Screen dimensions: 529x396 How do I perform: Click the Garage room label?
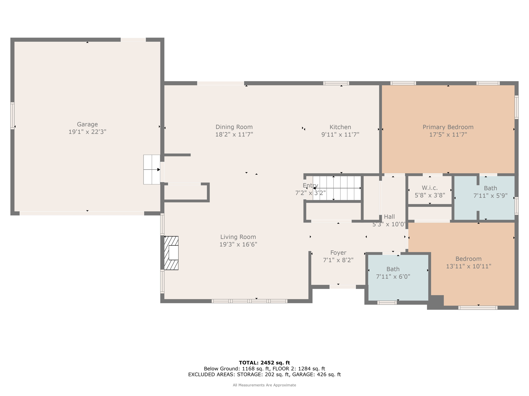click(x=87, y=124)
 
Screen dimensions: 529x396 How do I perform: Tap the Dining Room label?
click(x=234, y=127)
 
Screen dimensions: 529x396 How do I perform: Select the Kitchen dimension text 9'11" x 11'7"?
click(x=340, y=134)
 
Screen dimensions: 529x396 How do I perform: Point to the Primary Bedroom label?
click(x=448, y=127)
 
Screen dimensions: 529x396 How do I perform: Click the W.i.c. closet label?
click(x=430, y=188)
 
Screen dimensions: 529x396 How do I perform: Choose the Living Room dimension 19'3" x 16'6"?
click(x=238, y=244)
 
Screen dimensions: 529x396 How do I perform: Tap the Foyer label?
click(x=338, y=253)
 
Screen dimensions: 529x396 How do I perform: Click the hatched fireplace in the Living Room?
click(x=171, y=253)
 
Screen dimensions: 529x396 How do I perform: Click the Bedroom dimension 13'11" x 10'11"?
click(x=469, y=266)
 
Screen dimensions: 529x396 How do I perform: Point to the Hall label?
click(x=389, y=217)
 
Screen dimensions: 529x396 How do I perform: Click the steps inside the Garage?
click(x=152, y=169)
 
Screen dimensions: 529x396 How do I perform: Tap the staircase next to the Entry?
click(x=337, y=188)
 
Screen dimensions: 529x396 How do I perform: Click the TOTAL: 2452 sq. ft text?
click(x=264, y=363)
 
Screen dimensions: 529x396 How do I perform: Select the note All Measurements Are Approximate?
click(x=264, y=385)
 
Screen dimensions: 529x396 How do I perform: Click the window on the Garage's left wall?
click(x=12, y=115)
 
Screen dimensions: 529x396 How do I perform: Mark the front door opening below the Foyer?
click(x=343, y=287)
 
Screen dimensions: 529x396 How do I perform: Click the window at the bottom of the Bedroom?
click(x=478, y=308)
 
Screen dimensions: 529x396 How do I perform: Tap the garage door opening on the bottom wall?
click(x=82, y=213)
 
